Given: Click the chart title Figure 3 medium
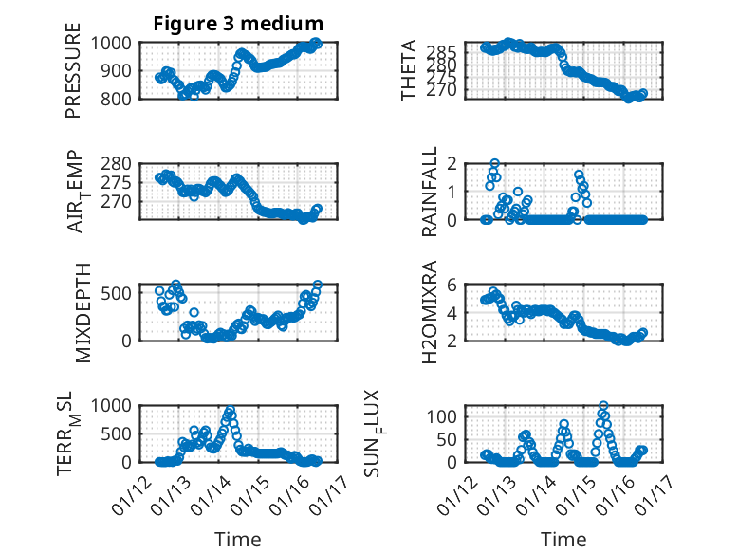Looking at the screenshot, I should pos(238,23).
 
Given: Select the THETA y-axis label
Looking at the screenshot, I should pos(409,70).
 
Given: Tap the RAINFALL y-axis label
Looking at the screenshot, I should pos(429,192).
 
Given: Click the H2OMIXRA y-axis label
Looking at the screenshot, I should pos(429,312).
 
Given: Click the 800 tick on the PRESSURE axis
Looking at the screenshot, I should pos(119,98).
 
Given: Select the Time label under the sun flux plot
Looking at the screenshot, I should pos(563,539).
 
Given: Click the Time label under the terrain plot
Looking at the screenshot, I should pos(238,539).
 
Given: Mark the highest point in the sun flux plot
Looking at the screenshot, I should pos(603,406).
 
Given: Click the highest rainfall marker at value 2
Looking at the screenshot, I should pos(494,164).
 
